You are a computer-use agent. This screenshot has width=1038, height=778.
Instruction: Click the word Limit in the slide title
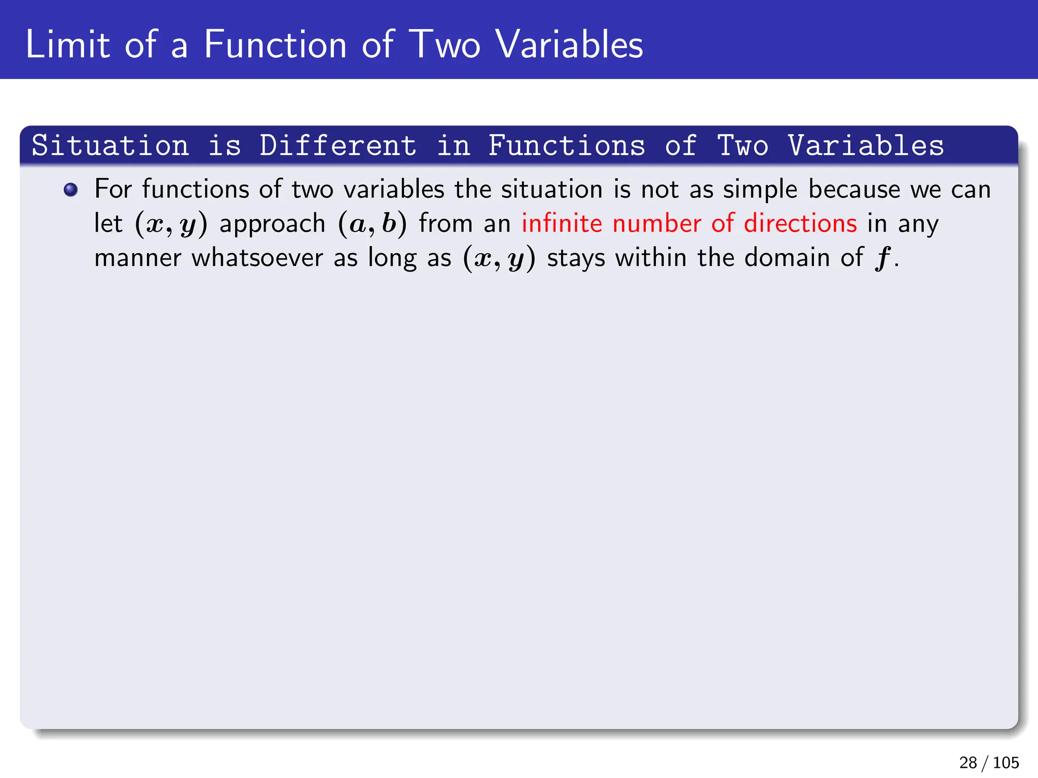point(67,45)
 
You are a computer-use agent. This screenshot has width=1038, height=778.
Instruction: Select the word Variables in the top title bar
point(569,45)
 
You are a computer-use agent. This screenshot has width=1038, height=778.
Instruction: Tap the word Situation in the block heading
point(110,146)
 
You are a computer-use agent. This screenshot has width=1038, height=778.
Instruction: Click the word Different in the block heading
point(338,146)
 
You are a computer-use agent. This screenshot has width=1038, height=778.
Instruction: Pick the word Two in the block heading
point(743,146)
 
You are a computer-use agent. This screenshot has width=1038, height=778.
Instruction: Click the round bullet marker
point(71,190)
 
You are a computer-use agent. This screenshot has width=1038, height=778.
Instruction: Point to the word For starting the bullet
point(113,189)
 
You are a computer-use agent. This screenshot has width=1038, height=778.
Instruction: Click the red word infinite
point(562,223)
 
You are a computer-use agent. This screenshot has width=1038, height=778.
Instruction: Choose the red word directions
point(800,223)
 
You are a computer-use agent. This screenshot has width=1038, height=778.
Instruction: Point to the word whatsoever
point(257,258)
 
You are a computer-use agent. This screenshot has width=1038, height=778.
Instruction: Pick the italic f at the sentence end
point(882,258)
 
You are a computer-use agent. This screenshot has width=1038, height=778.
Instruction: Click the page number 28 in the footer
point(968,762)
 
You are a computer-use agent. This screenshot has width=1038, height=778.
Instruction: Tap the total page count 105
point(1006,762)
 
